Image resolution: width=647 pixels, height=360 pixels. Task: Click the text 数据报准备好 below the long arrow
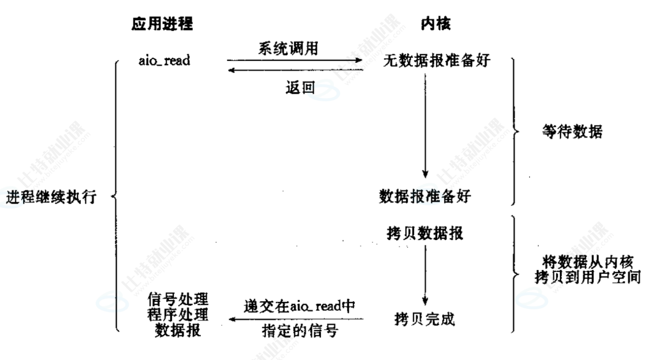[425, 196]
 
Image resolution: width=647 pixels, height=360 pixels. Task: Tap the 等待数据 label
[572, 132]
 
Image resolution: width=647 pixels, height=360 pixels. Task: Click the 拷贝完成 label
[424, 320]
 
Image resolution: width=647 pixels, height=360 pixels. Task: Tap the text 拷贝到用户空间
[587, 277]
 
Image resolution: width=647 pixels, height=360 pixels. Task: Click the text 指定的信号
[299, 332]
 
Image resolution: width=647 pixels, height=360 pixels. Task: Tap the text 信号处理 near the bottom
[178, 299]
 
